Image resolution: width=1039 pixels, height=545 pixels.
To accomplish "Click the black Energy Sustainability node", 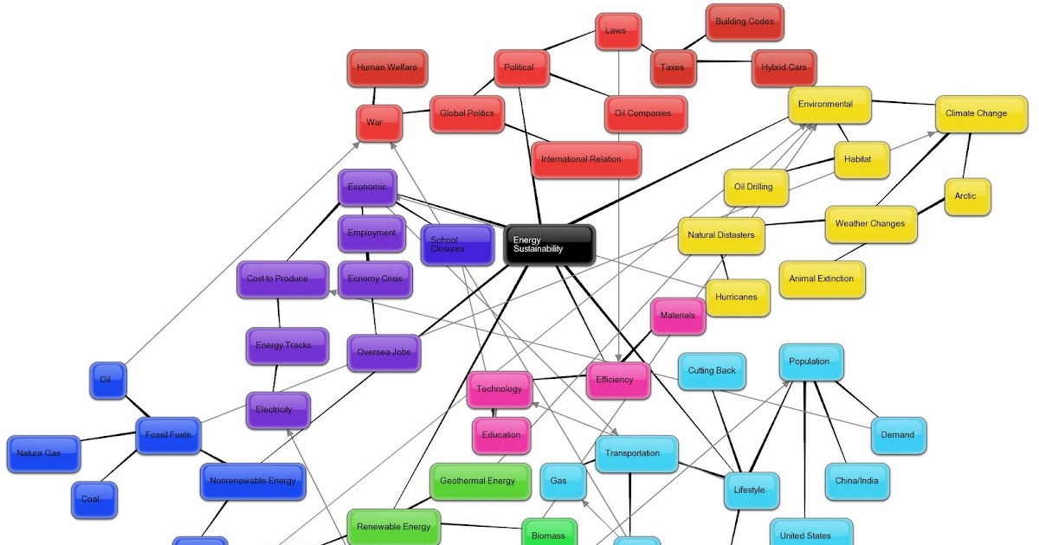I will pos(550,245).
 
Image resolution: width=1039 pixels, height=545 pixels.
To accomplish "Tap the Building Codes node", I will pos(745,22).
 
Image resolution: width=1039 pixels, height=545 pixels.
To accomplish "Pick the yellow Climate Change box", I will pos(975,113).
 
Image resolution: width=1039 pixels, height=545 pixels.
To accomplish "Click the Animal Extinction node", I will pos(822,279).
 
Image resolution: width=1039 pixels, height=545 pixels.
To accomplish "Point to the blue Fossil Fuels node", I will pos(169,435).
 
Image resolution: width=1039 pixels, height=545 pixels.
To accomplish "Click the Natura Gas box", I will pos(45,453).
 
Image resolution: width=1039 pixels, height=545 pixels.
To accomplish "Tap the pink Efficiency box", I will pos(617,380).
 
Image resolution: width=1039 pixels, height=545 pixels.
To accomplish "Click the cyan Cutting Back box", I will pos(712,371).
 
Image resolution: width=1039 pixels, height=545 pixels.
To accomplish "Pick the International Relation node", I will pos(587,159).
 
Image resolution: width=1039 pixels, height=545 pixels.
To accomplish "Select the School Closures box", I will pos(456,245).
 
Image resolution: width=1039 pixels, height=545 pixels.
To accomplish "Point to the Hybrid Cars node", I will pos(784,67).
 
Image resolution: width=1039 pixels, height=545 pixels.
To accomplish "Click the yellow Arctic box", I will pos(967,196).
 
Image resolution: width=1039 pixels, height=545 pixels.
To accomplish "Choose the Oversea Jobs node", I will pos(384,352).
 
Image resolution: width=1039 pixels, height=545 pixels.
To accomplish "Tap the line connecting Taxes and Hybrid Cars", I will pos(724,62).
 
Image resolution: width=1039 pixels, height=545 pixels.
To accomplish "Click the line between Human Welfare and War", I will pos(376,96).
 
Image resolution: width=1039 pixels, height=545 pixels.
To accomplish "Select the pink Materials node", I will pos(678,316).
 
